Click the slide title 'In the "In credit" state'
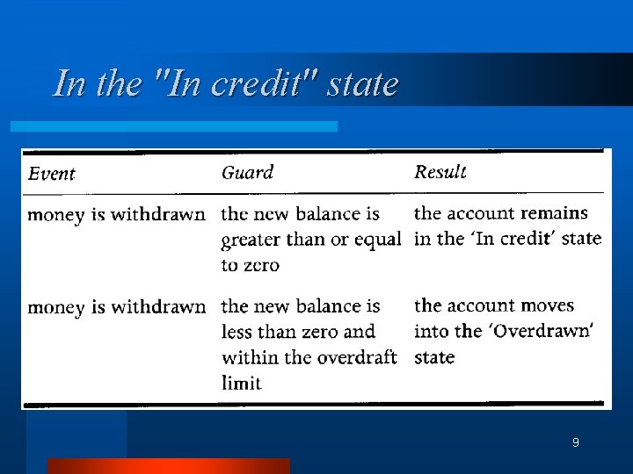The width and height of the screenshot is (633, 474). click(x=226, y=84)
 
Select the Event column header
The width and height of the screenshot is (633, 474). click(x=52, y=174)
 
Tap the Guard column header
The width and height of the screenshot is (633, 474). click(x=247, y=173)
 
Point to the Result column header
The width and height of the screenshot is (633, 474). click(x=440, y=172)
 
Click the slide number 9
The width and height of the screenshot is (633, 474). click(x=575, y=442)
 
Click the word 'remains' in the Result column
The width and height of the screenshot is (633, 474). click(x=554, y=213)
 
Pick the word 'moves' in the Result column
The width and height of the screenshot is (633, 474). click(x=546, y=306)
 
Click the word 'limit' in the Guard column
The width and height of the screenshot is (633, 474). click(x=242, y=383)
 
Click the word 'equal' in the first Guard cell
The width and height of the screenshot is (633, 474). click(x=379, y=240)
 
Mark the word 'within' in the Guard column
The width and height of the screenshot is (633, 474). click(x=249, y=357)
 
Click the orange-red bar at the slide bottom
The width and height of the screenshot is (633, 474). click(x=168, y=466)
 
